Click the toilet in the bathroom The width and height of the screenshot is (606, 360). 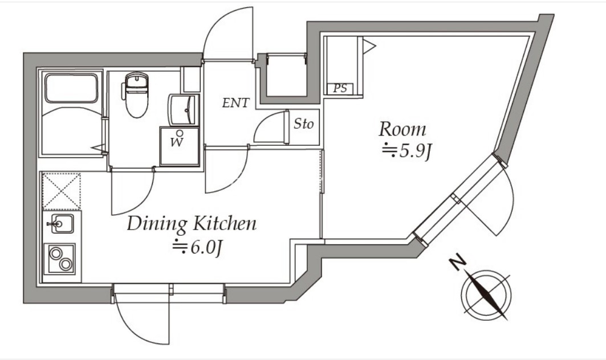click(x=136, y=94)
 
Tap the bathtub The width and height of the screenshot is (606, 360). click(x=71, y=88)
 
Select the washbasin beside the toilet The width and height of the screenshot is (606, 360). click(x=184, y=110)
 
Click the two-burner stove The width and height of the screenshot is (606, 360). click(x=59, y=259)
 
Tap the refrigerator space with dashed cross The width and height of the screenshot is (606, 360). click(x=62, y=191)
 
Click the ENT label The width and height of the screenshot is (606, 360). click(x=236, y=103)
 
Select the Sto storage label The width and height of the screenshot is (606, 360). click(x=303, y=124)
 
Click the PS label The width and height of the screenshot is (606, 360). click(x=340, y=88)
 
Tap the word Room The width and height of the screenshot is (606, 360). click(x=402, y=129)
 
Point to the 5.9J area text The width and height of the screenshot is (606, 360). click(x=406, y=152)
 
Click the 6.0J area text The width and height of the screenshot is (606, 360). click(x=197, y=248)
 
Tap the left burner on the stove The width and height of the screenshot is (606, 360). click(x=56, y=253)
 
